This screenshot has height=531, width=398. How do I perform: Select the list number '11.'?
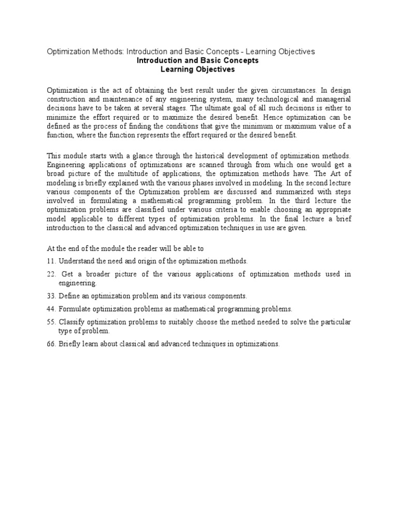click(51, 260)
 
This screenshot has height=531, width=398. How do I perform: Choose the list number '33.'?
click(51, 296)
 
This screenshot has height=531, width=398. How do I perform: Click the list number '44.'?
click(51, 309)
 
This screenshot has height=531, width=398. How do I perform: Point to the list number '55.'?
click(51, 322)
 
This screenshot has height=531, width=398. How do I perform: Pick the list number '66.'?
click(51, 344)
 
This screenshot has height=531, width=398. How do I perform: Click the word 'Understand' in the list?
click(76, 260)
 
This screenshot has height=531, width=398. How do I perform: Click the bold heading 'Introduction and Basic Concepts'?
click(197, 61)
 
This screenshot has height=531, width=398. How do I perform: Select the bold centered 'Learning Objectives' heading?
click(197, 69)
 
